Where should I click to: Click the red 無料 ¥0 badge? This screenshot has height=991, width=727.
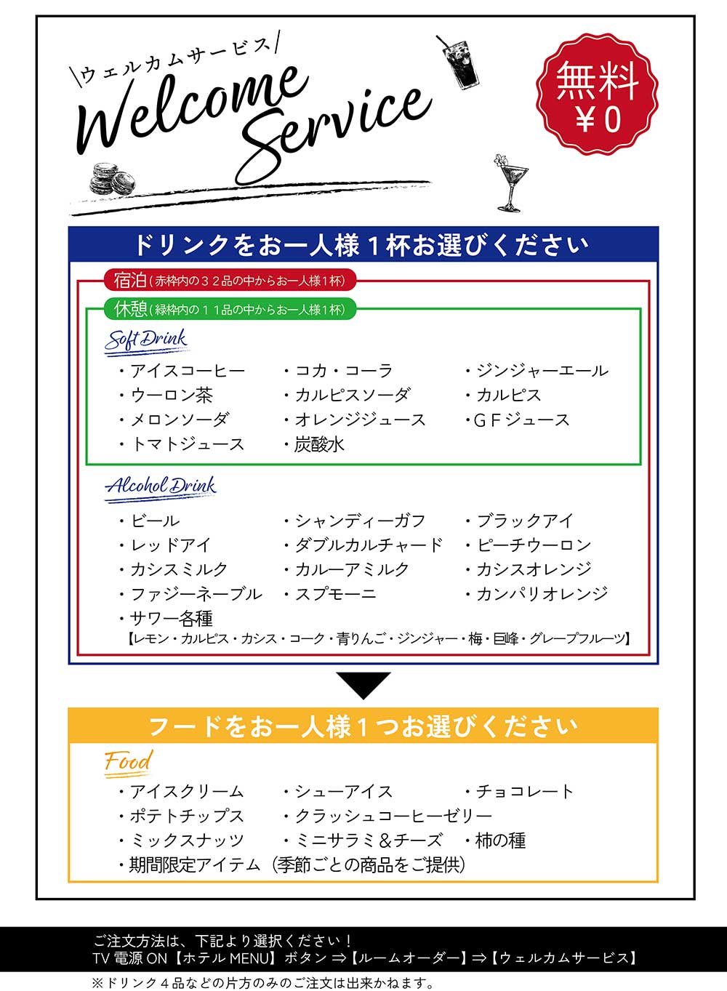tap(597, 94)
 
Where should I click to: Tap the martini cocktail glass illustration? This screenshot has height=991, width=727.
tap(510, 183)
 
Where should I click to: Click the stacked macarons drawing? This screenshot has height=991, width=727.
tap(112, 179)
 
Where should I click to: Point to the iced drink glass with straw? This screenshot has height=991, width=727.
tap(458, 63)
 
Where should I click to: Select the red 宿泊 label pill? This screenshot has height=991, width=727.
tap(230, 280)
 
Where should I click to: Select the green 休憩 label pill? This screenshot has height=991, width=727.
tap(230, 309)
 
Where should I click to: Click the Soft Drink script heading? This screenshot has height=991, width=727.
tap(146, 341)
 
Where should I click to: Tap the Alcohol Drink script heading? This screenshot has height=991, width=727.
tap(161, 488)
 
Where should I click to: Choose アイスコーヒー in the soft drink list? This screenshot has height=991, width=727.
tap(182, 371)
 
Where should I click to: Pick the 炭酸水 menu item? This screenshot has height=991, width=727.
tap(315, 445)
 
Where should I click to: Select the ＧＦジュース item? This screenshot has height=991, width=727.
tap(518, 420)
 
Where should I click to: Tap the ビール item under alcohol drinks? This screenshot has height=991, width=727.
tap(150, 521)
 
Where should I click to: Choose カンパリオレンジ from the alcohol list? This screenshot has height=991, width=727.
tap(537, 594)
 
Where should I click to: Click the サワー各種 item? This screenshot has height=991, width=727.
tap(166, 619)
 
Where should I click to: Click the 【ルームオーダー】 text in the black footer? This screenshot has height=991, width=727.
tap(408, 958)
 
